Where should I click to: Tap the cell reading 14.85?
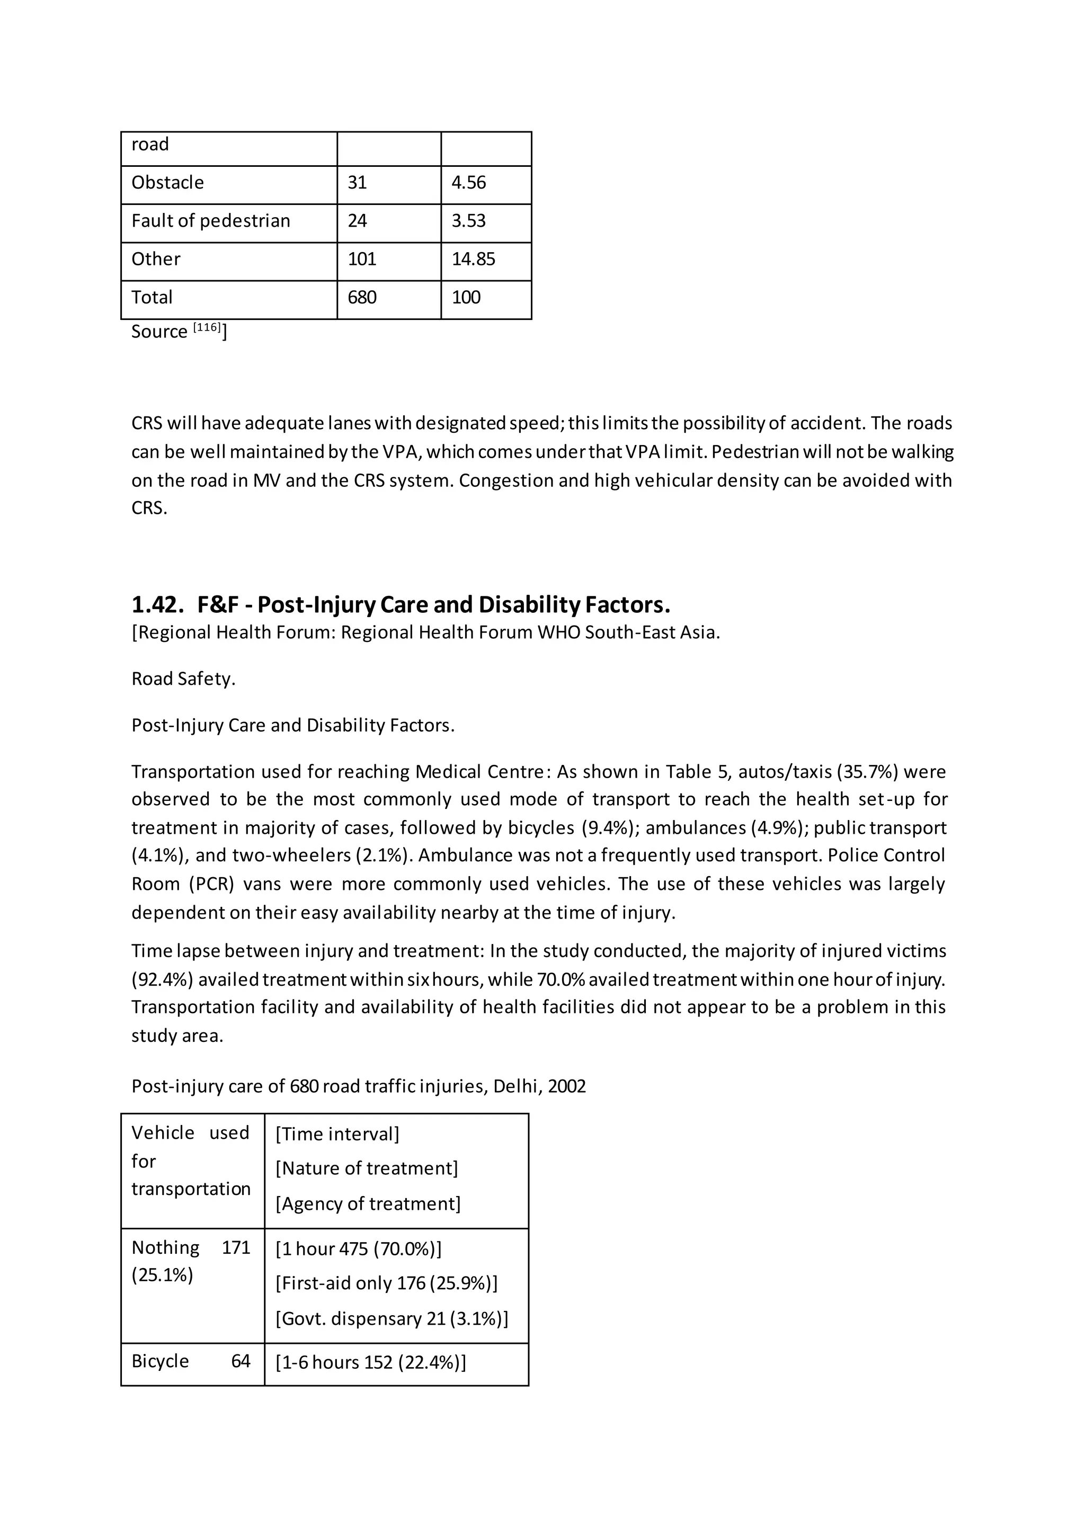pos(473,259)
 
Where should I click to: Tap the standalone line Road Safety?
pos(183,679)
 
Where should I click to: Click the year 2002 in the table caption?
pos(566,1086)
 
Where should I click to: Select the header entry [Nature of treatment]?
pos(367,1169)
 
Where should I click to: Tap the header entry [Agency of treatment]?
pos(368,1204)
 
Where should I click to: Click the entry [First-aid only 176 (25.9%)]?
pos(386,1283)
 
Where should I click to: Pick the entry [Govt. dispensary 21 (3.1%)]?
pos(392,1319)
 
